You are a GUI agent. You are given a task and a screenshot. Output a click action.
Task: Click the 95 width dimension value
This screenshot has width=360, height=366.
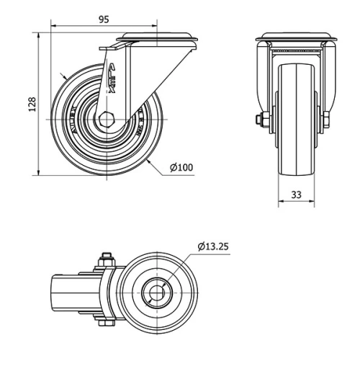(104, 20)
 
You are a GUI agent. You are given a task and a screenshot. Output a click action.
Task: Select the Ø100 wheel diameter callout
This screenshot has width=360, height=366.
(181, 168)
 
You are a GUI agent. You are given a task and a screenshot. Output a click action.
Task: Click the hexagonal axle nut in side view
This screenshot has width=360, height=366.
(108, 120)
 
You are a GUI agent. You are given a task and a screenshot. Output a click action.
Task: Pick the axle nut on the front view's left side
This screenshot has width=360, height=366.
(259, 120)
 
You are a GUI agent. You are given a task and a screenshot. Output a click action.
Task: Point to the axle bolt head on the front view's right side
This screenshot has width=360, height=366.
(327, 119)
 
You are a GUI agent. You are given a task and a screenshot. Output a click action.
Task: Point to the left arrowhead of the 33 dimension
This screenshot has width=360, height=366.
(281, 202)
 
